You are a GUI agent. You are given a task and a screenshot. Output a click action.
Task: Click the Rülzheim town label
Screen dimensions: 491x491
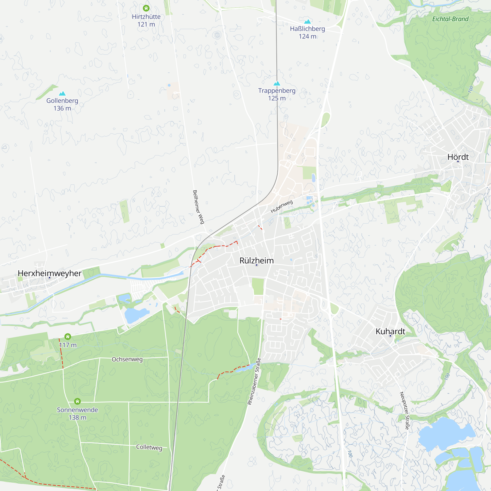click(x=257, y=260)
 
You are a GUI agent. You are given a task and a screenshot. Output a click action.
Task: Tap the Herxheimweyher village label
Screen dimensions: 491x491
click(x=50, y=273)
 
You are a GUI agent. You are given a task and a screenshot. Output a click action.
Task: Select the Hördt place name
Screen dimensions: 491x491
click(x=458, y=157)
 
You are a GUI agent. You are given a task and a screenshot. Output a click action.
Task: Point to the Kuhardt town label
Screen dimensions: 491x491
click(x=390, y=331)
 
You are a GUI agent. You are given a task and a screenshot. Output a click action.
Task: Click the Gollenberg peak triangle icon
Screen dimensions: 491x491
click(x=62, y=94)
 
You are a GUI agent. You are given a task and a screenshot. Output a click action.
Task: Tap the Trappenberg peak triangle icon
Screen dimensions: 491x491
click(x=277, y=83)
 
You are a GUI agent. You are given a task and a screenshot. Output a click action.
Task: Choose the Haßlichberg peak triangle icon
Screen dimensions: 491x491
click(x=308, y=22)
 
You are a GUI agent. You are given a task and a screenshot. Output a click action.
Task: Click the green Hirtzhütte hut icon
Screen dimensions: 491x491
click(x=146, y=8)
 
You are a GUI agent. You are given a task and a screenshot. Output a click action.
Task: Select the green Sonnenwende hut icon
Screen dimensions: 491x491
click(x=78, y=401)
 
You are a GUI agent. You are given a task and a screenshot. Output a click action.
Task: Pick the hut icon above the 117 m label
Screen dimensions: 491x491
click(x=68, y=337)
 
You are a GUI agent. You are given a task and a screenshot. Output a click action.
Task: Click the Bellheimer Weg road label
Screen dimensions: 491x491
click(x=198, y=207)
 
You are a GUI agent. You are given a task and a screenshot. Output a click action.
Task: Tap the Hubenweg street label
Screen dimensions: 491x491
click(x=282, y=206)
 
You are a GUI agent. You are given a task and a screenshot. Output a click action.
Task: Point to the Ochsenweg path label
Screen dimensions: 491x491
click(x=127, y=359)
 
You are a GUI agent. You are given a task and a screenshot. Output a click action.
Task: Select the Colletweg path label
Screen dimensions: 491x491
click(x=149, y=447)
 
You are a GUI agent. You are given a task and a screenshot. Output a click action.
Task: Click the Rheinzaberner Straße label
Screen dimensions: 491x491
click(x=254, y=381)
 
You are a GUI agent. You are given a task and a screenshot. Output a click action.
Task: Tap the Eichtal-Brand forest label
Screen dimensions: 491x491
click(x=450, y=19)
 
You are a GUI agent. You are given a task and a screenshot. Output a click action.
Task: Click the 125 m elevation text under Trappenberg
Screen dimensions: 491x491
click(x=277, y=98)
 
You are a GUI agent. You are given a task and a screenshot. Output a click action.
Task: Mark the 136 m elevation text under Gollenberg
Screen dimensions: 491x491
click(x=62, y=109)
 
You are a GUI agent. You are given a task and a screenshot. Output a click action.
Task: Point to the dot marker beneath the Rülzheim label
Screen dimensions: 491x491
click(x=257, y=265)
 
